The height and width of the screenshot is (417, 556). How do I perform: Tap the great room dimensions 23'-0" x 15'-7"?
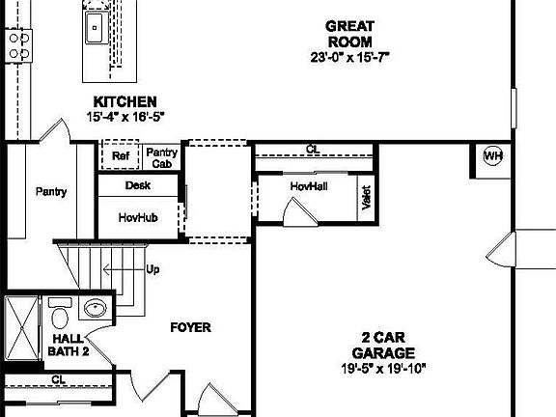[x=349, y=57]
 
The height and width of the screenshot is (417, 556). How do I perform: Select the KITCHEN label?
[x=125, y=101]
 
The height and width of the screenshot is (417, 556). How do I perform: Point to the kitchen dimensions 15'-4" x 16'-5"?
[x=125, y=118]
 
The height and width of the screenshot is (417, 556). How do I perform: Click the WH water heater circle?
[x=493, y=156]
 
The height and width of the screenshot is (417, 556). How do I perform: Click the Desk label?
[x=137, y=185]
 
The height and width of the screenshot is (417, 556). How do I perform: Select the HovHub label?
[x=138, y=218]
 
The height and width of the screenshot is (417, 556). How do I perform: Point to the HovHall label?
[x=309, y=184]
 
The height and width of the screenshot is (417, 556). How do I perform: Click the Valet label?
[x=366, y=198]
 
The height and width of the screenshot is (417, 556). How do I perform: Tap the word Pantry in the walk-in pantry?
[x=51, y=191]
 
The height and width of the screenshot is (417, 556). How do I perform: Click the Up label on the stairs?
[x=153, y=269]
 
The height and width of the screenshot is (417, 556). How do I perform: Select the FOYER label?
[x=190, y=327]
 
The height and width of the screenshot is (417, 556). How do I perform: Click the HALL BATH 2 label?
[x=69, y=345]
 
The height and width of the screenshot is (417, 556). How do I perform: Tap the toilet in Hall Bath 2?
[x=60, y=315]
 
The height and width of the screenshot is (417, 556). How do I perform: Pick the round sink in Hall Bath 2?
[x=95, y=309]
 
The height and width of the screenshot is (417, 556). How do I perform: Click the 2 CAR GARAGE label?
[x=382, y=345]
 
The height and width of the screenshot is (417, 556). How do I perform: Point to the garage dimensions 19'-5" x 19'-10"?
[x=382, y=368]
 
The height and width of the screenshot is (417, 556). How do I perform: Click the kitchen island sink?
[x=96, y=28]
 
